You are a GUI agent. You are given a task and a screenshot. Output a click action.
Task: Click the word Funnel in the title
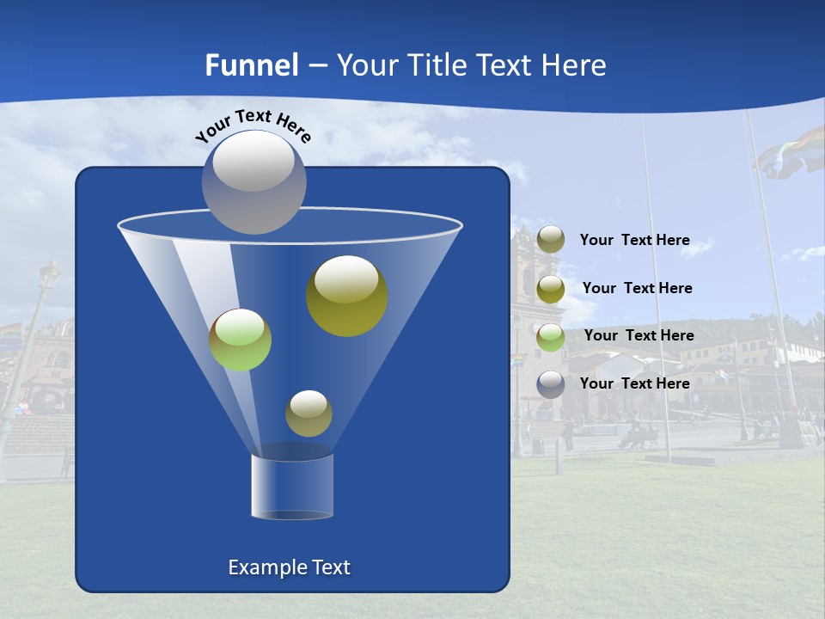[x=251, y=65]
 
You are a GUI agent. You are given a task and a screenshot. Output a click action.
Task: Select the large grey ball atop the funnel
[x=254, y=181]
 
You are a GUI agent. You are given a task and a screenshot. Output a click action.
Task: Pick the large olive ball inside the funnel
[x=347, y=296]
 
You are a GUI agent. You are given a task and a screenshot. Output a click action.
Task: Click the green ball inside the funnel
[x=240, y=340]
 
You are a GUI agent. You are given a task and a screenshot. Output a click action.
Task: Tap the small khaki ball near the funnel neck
[x=309, y=414]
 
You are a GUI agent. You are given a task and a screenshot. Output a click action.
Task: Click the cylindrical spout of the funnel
[x=292, y=486]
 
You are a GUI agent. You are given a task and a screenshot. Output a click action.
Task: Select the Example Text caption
[x=290, y=567]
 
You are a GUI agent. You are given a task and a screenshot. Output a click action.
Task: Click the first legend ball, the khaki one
[x=551, y=240]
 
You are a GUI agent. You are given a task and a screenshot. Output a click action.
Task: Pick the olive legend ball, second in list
[x=551, y=288]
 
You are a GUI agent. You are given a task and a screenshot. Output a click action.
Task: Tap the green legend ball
[x=551, y=336]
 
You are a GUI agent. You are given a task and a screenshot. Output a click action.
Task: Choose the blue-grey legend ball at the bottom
[x=551, y=383]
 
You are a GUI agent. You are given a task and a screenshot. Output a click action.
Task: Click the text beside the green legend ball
[x=639, y=335]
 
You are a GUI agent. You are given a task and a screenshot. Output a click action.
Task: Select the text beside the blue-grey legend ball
[x=634, y=383]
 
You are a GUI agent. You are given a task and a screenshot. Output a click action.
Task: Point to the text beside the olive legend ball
[x=637, y=288]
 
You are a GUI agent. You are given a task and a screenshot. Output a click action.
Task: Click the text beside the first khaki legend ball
[x=634, y=240]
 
